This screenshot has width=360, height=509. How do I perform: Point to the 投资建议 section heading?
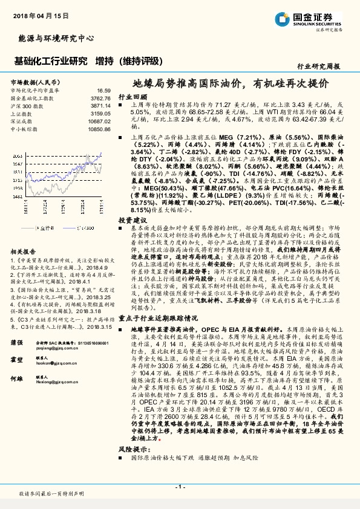tap(132, 220)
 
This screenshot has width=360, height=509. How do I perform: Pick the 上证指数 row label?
tap(21, 113)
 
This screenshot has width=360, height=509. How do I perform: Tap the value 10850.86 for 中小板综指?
tap(99, 129)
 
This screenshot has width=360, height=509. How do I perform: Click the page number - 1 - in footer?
tap(180, 486)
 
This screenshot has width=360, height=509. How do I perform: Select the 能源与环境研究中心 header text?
tap(56, 38)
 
